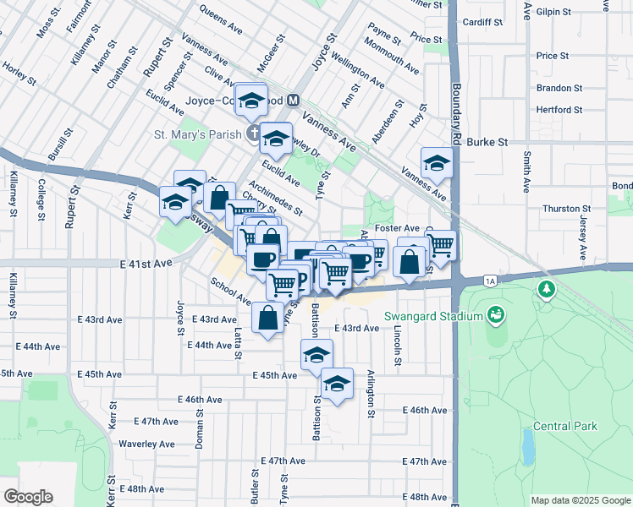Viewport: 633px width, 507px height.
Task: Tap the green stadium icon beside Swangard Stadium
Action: tap(496, 316)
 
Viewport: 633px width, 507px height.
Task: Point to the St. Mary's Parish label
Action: tap(199, 134)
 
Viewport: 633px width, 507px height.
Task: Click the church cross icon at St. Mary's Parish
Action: tap(253, 133)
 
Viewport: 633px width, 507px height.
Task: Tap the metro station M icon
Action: tap(294, 100)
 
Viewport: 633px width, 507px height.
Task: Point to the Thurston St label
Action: tap(566, 209)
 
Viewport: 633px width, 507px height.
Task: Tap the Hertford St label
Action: tap(559, 110)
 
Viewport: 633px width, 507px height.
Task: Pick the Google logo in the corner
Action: tap(28, 497)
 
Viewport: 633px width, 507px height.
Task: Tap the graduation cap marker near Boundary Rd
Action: tap(438, 162)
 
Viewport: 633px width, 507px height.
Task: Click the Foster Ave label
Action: tap(398, 228)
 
